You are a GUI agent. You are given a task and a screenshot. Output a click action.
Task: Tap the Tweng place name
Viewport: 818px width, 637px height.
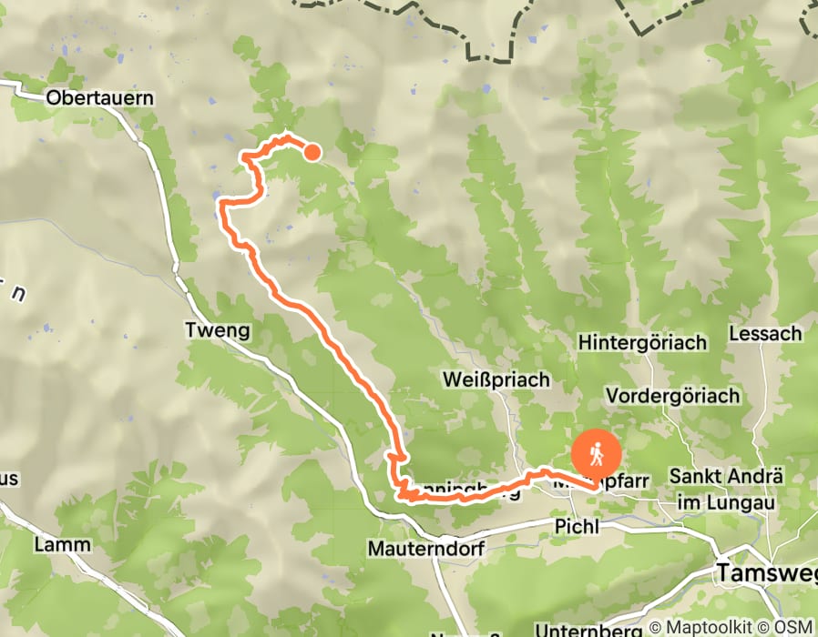217,329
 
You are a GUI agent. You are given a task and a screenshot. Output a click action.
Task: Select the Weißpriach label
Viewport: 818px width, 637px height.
496,379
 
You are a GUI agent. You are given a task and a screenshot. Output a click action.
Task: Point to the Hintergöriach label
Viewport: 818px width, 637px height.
643,343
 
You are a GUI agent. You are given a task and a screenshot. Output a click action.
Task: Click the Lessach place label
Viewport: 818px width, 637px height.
765,334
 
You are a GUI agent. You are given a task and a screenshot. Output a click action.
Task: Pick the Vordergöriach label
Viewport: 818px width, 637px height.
673,397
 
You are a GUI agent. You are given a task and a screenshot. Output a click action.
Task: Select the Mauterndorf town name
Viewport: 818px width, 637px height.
424,549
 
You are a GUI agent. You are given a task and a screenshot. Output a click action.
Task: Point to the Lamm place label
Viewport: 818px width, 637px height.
63,544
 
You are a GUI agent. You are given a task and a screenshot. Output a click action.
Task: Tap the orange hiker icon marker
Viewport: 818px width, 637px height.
596,453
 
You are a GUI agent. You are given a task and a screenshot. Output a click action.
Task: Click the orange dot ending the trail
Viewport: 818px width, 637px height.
312,152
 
